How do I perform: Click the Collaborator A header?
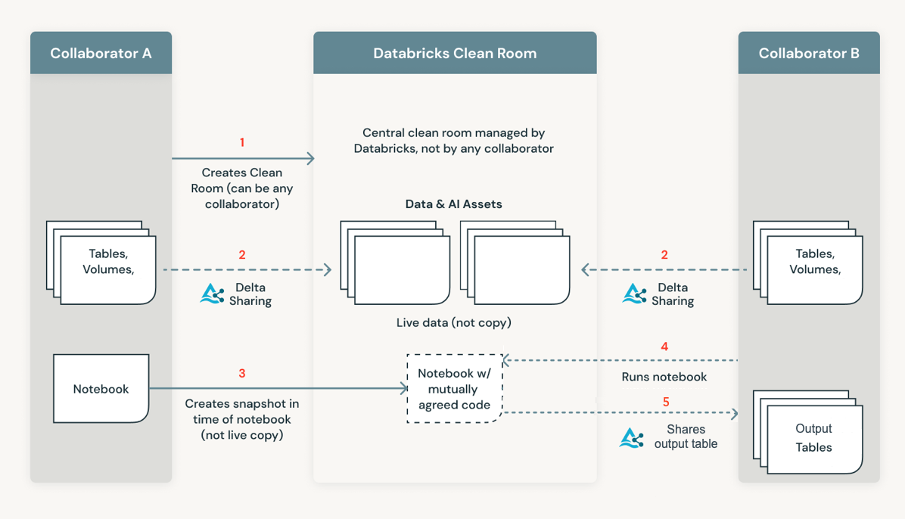click(101, 53)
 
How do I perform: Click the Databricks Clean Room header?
click(455, 53)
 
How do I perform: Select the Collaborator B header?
click(809, 53)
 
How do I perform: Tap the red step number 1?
click(242, 142)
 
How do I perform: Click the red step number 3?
click(242, 373)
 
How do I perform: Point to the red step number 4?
click(664, 347)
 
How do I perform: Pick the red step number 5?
click(666, 402)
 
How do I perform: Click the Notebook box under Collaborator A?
click(101, 389)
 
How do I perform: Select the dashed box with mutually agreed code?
click(454, 389)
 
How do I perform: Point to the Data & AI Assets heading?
click(454, 204)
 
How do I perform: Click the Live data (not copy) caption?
click(454, 322)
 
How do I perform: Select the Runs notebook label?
click(664, 377)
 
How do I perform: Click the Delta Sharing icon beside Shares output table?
click(632, 438)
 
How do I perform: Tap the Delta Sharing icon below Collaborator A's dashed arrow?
click(212, 294)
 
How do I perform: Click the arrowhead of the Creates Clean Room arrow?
click(309, 158)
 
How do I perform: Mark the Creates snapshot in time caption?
click(242, 419)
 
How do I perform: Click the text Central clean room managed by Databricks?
click(454, 141)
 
